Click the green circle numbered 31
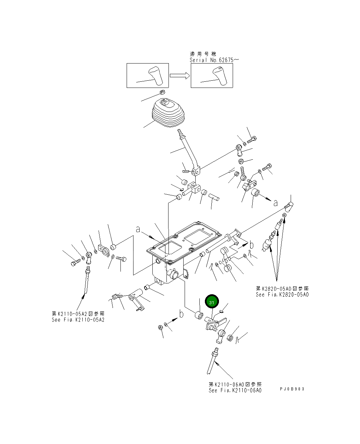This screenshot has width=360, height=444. coord(212,301)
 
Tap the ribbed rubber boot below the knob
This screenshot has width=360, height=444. coord(168,113)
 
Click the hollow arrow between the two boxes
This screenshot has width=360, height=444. coord(180,76)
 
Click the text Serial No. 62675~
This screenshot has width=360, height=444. coord(214,60)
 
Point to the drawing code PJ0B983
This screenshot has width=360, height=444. coord(292,389)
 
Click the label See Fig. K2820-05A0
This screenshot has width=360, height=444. coord(282,295)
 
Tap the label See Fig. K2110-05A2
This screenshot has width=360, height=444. coord(78,320)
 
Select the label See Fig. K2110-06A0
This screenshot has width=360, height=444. coord(235,390)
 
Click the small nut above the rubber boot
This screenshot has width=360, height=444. coord(162,92)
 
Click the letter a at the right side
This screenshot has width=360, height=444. coord(276,203)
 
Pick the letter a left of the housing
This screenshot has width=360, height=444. coord(138,229)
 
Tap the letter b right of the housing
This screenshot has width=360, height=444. coord(252,245)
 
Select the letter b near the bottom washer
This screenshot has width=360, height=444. coord(182,314)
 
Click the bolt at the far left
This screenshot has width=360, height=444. coord(76,262)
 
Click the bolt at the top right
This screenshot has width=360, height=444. coord(252,140)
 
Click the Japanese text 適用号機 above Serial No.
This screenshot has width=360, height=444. coord(203,54)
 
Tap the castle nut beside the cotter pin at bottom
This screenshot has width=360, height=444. coord(230,338)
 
